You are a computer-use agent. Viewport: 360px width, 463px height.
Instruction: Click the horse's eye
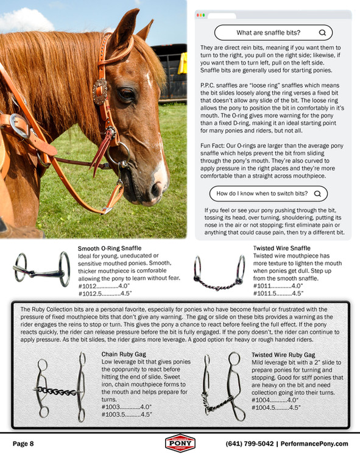[127, 94]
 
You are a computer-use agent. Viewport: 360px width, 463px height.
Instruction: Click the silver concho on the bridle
[99, 91]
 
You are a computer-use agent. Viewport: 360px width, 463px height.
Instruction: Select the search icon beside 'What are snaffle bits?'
[321, 33]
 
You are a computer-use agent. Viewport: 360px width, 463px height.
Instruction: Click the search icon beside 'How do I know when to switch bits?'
[317, 194]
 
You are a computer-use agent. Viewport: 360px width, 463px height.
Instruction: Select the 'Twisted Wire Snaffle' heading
[281, 249]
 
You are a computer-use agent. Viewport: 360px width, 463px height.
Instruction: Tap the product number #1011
[264, 286]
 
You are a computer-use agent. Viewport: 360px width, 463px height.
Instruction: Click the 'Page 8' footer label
[23, 444]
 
